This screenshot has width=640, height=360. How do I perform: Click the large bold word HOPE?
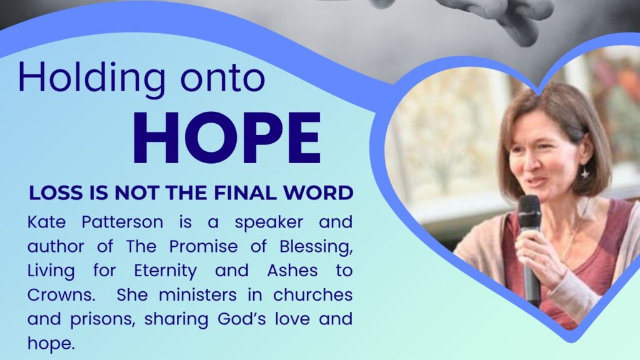226,139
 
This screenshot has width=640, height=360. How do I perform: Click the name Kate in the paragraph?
45,222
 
